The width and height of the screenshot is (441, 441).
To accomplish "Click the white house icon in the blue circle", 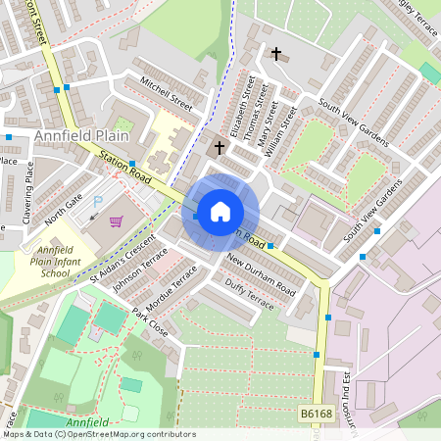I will pos(220,212).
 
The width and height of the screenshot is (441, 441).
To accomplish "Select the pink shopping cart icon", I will pos(116,221).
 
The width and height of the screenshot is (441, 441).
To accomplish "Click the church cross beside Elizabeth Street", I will pos(219,148).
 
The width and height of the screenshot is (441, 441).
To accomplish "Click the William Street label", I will pos(287,124).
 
